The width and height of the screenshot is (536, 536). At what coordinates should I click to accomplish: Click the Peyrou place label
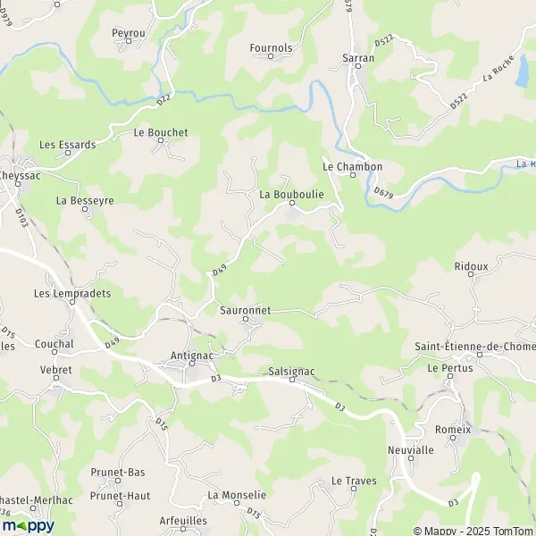[x=129, y=33]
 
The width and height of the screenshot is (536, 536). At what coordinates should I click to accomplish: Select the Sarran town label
[x=358, y=58]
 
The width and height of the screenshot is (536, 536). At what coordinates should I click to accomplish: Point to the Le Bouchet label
[x=161, y=132]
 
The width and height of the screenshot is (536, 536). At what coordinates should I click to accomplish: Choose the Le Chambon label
[x=352, y=167]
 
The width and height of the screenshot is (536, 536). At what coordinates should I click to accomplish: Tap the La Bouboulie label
[x=290, y=193]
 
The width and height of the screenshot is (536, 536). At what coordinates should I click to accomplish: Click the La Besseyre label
[x=85, y=201]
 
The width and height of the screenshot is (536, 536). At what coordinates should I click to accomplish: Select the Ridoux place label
[x=471, y=266]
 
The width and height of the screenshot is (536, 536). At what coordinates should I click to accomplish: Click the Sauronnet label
[x=245, y=311]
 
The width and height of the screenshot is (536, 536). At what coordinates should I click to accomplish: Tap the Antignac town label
[x=191, y=356]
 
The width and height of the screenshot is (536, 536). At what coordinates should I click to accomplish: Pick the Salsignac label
[x=292, y=370]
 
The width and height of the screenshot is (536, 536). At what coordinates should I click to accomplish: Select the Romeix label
[x=452, y=430]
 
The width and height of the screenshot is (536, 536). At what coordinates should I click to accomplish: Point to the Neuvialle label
[x=409, y=449]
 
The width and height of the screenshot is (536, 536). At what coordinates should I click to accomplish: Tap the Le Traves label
[x=354, y=481]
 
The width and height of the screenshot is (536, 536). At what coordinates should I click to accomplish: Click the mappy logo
[x=28, y=525]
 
